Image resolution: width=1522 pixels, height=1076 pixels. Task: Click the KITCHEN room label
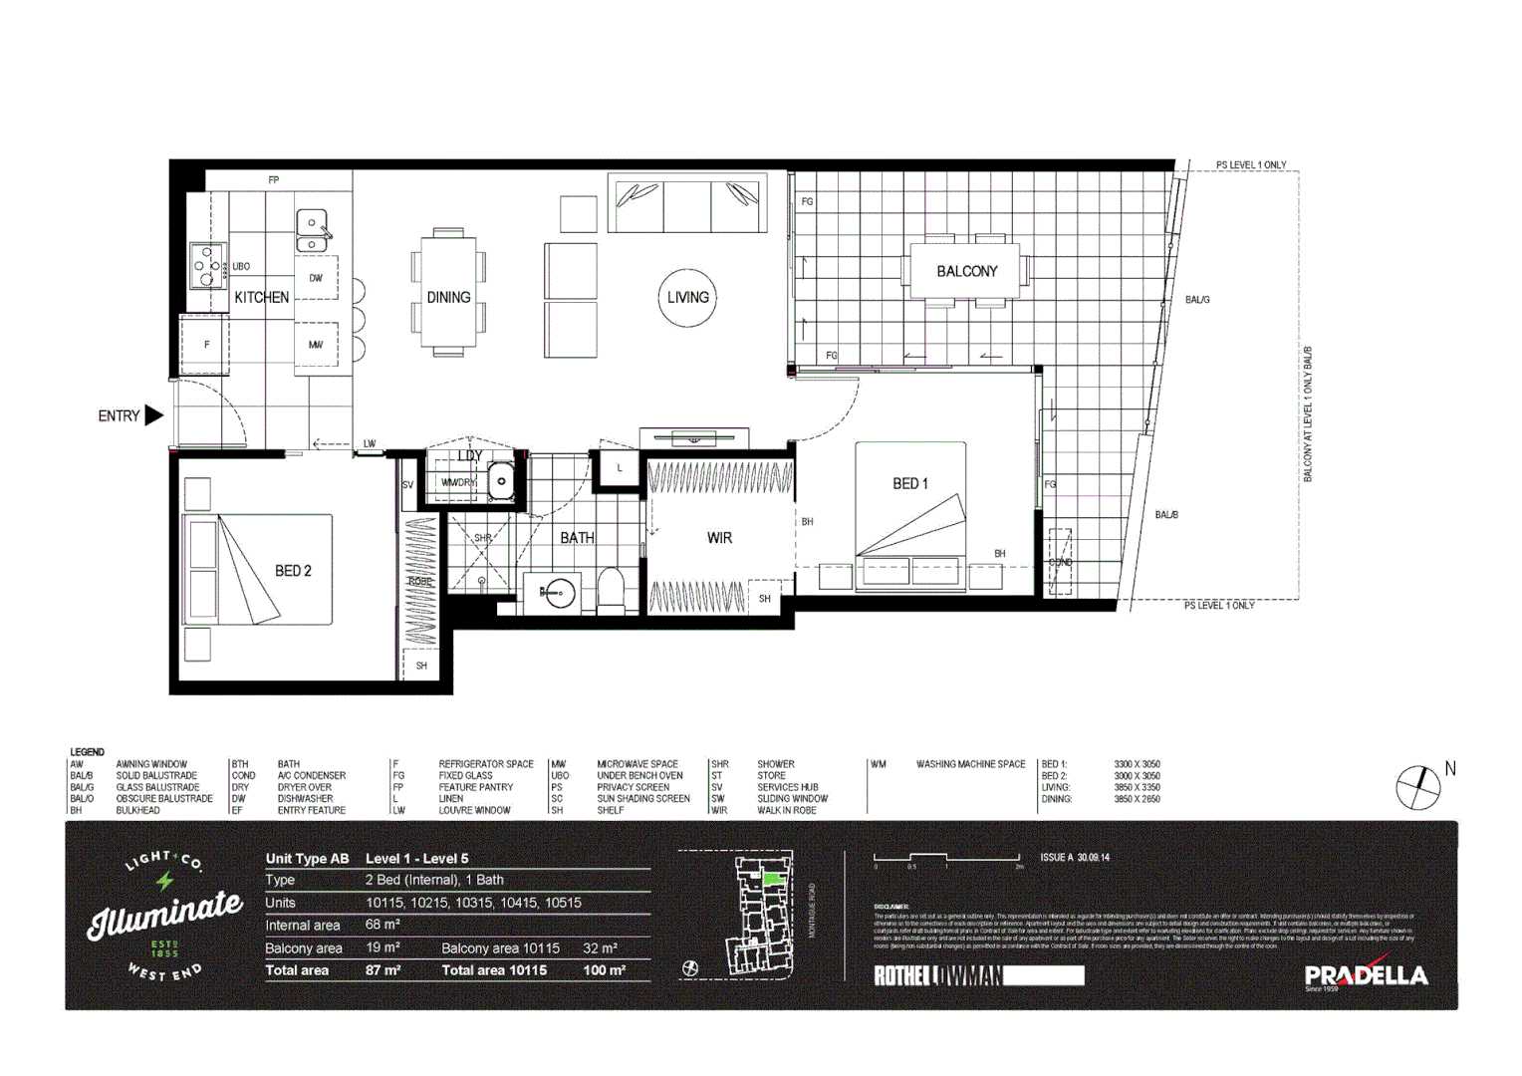coord(261,297)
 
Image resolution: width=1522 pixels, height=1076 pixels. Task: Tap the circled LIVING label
coord(687,297)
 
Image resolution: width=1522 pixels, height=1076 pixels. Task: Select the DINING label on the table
coord(448,297)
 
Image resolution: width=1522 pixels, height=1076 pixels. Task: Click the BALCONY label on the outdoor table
coord(966,271)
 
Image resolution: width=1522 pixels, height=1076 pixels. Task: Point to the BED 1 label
coord(909,483)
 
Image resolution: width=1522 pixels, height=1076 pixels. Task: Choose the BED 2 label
coord(293,571)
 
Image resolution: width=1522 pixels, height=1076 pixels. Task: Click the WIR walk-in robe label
coord(719,538)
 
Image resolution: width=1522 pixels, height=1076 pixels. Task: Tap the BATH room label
coord(577,538)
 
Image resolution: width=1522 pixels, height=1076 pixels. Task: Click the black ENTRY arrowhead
coord(153,415)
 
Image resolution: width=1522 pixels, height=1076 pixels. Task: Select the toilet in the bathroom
coord(611,591)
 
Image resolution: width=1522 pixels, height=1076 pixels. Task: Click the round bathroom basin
coord(559,593)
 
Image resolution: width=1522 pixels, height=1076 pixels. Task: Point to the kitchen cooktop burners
coord(207,266)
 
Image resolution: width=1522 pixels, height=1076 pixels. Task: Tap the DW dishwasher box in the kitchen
coord(316,278)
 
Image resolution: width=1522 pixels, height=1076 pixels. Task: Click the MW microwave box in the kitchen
coord(316,345)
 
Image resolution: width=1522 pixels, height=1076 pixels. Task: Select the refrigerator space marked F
coord(206,345)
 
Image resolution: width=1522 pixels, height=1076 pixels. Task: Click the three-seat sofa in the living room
coord(687,203)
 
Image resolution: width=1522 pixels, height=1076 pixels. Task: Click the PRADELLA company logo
coord(1366,975)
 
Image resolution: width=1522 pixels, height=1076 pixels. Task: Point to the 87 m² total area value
coord(382,970)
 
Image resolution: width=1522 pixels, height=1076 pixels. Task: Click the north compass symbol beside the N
coord(1417,788)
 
